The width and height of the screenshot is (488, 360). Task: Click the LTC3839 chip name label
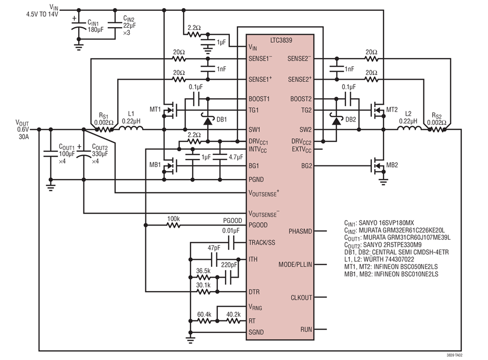(x=281, y=40)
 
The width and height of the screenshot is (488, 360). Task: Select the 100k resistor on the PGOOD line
(x=174, y=224)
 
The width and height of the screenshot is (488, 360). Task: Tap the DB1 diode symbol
(x=208, y=120)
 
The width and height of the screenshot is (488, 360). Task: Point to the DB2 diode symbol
(x=336, y=120)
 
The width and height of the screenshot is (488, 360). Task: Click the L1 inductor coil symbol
(x=131, y=128)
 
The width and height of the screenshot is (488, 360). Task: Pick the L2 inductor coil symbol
(x=409, y=128)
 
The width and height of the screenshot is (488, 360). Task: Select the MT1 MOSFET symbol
(x=170, y=110)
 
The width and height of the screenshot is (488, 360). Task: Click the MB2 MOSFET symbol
(x=377, y=166)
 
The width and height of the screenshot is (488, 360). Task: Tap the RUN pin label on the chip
(x=306, y=329)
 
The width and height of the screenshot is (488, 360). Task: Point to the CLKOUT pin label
(x=301, y=298)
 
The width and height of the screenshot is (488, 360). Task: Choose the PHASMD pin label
(x=300, y=232)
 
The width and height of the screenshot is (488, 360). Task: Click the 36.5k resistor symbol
(x=203, y=277)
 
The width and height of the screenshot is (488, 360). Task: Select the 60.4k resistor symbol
(x=204, y=321)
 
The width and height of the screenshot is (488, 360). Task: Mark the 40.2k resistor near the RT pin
(x=233, y=321)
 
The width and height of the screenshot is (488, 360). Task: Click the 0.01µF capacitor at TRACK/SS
(x=231, y=242)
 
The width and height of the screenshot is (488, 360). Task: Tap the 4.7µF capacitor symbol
(x=220, y=157)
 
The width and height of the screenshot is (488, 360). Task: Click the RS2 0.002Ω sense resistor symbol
(x=437, y=130)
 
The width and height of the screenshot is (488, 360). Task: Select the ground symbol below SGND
(x=190, y=340)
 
